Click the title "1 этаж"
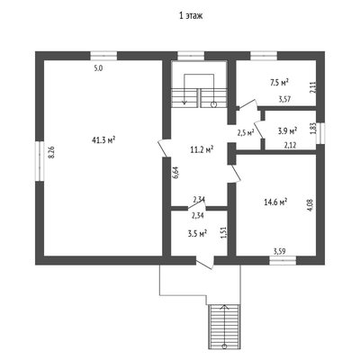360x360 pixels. tap(191, 15)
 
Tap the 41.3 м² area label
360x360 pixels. tap(103, 139)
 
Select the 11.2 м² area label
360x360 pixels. tap(202, 149)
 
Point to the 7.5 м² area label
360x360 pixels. tap(279, 83)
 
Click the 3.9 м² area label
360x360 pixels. tap(287, 130)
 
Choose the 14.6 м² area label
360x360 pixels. tap(275, 202)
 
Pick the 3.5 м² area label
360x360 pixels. tap(198, 233)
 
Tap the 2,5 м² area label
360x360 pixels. tap(246, 132)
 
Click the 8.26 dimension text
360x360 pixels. tap(51, 152)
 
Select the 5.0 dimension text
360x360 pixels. tap(98, 68)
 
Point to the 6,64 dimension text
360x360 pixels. tap(175, 173)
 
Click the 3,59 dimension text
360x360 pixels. tap(279, 251)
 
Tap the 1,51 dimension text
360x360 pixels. tap(223, 232)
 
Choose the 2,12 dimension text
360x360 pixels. tap(291, 146)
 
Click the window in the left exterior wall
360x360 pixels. tap(40, 161)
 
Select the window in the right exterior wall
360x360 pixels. tap(321, 133)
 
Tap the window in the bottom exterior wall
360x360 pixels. tap(283, 260)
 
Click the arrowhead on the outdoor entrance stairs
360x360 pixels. tap(224, 307)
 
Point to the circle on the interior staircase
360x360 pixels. tap(213, 104)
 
